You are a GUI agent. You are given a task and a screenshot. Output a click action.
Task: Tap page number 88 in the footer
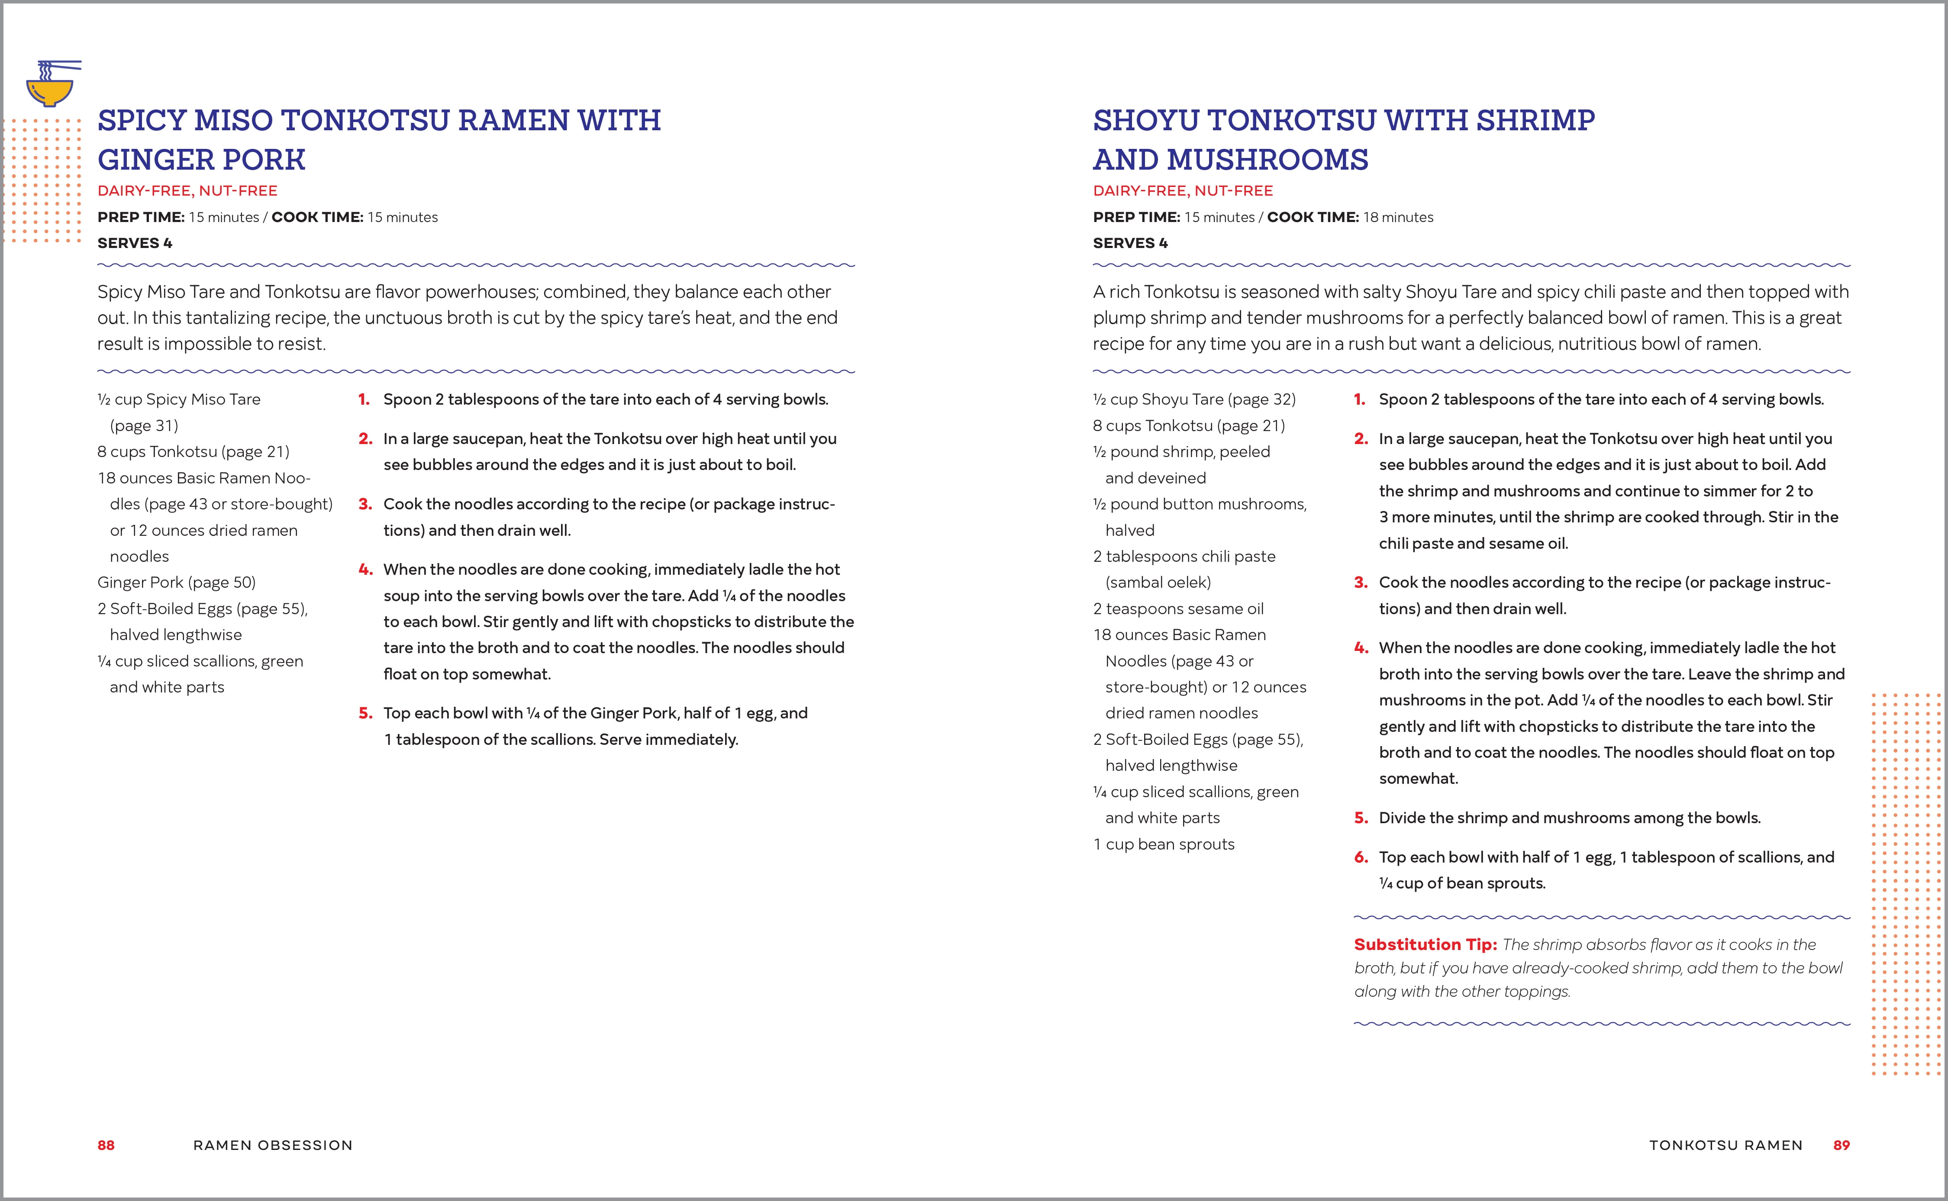tap(106, 1145)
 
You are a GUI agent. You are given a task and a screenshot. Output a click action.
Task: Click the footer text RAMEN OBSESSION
tap(272, 1145)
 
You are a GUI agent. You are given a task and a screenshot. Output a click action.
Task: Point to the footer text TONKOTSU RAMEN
tap(1725, 1145)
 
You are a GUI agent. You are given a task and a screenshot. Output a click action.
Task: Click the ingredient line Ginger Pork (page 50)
tap(176, 582)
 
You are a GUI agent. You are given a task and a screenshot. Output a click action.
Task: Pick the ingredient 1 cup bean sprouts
tap(1164, 844)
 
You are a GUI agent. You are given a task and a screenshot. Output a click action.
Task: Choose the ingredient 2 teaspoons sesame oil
tap(1178, 609)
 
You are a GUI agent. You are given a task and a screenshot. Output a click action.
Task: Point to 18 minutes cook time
tap(1397, 217)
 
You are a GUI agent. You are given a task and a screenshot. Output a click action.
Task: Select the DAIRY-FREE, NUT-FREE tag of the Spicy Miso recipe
tap(187, 190)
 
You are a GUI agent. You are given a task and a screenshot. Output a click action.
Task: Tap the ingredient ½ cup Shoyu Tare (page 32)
tap(1194, 399)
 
